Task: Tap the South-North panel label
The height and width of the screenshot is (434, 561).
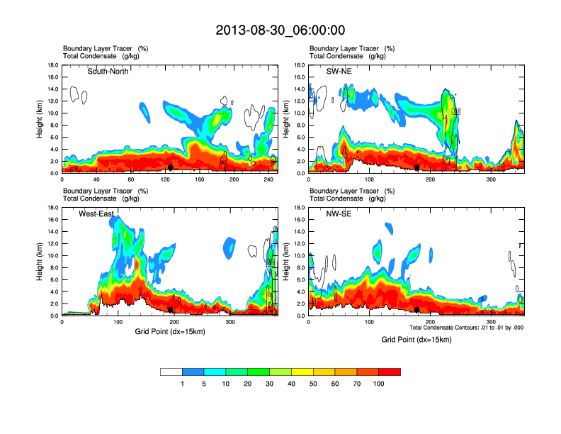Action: [x=108, y=72]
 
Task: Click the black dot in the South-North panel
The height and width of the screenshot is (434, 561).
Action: [x=170, y=167]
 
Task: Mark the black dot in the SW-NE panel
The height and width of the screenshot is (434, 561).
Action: [x=417, y=167]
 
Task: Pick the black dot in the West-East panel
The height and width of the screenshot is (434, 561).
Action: [x=170, y=310]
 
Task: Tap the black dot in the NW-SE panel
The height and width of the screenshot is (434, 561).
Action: [x=417, y=310]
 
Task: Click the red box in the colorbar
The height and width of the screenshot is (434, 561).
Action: [x=390, y=372]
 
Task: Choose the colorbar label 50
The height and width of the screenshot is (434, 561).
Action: [x=314, y=383]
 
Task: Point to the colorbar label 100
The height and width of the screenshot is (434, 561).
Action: [x=379, y=383]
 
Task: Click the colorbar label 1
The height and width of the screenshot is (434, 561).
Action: [x=183, y=383]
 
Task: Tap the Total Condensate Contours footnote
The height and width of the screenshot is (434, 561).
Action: [x=466, y=327]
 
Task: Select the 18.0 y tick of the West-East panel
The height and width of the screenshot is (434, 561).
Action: [x=53, y=208]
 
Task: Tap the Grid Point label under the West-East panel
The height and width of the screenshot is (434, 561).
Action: [x=169, y=331]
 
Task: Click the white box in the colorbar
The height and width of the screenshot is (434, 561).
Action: [x=171, y=372]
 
